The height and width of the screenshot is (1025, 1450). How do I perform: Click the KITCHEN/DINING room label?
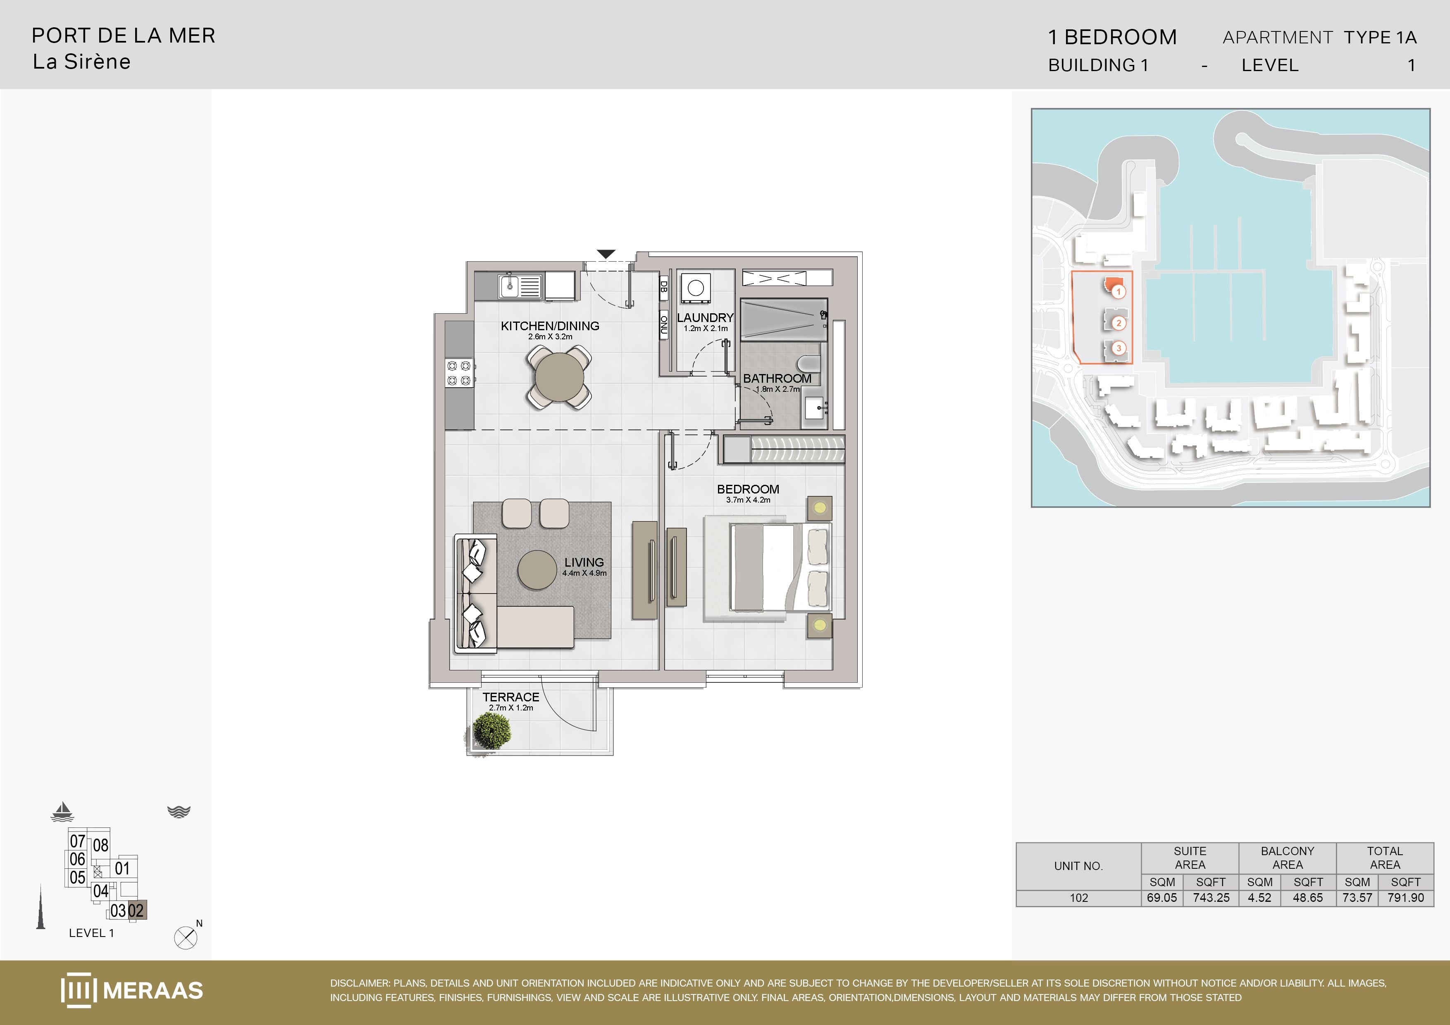pyautogui.click(x=550, y=326)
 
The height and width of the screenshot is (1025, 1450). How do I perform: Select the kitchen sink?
pyautogui.click(x=520, y=286)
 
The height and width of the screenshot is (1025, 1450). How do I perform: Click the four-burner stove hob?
pyautogui.click(x=459, y=372)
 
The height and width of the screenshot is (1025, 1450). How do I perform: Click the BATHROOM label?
pyautogui.click(x=777, y=378)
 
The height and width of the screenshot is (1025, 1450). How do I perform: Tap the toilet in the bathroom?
pyautogui.click(x=809, y=363)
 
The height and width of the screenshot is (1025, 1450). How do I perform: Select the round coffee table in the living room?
pyautogui.click(x=537, y=570)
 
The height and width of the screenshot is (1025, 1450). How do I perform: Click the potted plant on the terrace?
pyautogui.click(x=491, y=731)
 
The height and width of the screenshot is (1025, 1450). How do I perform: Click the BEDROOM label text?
pyautogui.click(x=748, y=489)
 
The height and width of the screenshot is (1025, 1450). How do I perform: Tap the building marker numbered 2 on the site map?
pyautogui.click(x=1119, y=323)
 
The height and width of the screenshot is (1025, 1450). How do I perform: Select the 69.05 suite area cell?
pyautogui.click(x=1162, y=897)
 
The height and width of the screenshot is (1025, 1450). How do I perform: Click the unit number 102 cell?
pyautogui.click(x=1079, y=897)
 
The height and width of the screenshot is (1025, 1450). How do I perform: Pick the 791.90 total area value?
pyautogui.click(x=1406, y=897)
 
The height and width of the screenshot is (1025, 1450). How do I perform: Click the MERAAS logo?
pyautogui.click(x=132, y=989)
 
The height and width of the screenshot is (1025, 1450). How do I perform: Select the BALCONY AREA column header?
pyautogui.click(x=1287, y=858)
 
